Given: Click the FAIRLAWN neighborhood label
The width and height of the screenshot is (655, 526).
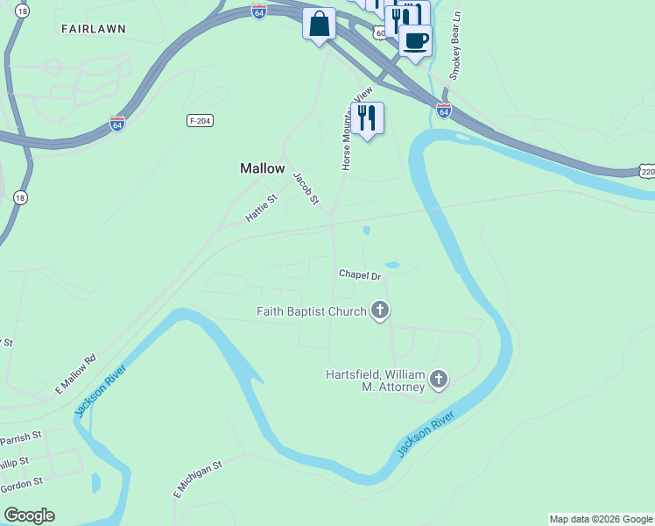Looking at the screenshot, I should [94, 29].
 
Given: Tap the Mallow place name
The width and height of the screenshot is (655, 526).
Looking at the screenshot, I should [263, 168].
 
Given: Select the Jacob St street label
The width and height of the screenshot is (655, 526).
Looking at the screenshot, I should [304, 188].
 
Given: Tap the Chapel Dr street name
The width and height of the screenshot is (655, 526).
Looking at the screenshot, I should [360, 275].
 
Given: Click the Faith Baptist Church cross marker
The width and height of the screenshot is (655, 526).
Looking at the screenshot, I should [380, 310].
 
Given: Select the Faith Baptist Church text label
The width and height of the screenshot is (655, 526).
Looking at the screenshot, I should [311, 311].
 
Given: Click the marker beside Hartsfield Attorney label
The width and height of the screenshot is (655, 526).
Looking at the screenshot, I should [439, 379].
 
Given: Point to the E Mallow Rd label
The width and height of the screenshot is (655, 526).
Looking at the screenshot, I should [75, 373].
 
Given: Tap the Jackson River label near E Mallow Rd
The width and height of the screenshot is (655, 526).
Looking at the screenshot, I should [101, 392].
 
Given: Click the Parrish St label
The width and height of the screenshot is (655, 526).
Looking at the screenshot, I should [21, 437].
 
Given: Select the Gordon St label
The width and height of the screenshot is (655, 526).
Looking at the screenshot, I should [21, 483].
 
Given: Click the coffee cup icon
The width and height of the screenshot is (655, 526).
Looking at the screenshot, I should [415, 39].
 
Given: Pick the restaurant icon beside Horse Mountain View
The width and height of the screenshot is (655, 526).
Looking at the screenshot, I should [367, 117].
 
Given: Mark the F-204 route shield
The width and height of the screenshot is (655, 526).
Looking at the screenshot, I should [201, 120].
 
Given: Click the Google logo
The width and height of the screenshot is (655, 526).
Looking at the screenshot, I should [29, 515].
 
